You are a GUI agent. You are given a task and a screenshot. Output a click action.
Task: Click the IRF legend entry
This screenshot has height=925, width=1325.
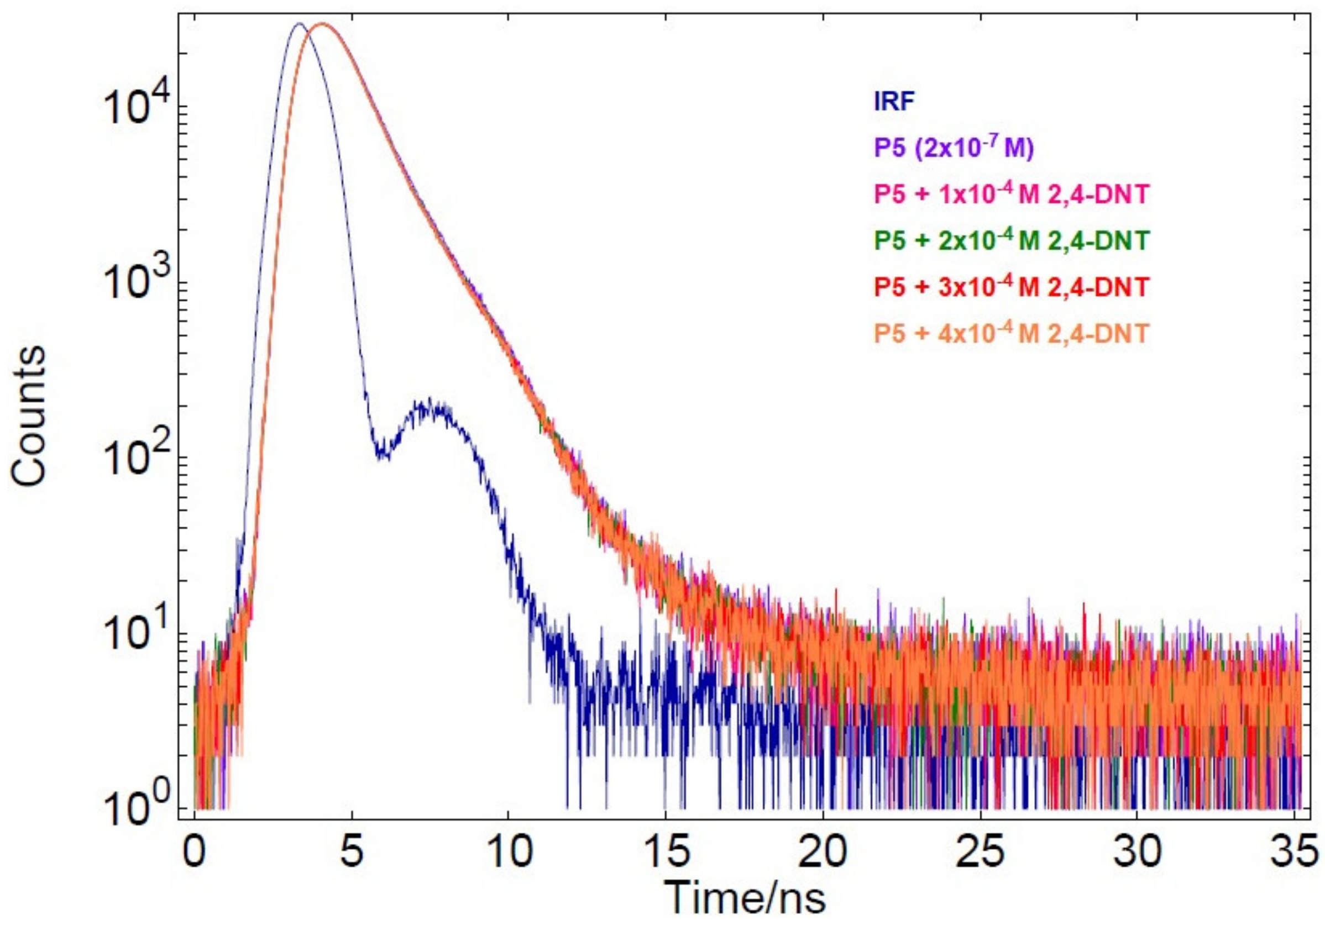coord(894,102)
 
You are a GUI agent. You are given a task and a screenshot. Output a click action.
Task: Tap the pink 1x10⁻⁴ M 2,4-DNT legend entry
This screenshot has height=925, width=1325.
coord(1010,195)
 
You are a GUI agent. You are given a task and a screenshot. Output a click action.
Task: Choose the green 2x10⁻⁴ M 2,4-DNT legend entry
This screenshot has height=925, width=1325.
coord(1010,240)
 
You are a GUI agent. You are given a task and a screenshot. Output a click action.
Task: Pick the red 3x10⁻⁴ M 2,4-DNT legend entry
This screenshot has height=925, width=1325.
coord(1010,287)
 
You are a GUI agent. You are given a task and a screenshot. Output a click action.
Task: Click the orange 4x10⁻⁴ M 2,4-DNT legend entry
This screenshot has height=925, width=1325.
coord(1010,334)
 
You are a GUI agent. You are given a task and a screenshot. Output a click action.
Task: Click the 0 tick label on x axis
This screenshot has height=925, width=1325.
coord(195,854)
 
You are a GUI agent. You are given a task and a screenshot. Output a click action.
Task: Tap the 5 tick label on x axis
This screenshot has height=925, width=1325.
coord(352,854)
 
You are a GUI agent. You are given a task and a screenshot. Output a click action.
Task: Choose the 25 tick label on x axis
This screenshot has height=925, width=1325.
coord(980,854)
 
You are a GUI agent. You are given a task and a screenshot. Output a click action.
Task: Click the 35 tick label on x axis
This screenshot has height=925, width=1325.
coord(1293,854)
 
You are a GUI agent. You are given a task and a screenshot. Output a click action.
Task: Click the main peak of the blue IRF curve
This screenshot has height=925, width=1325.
coord(298,25)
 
